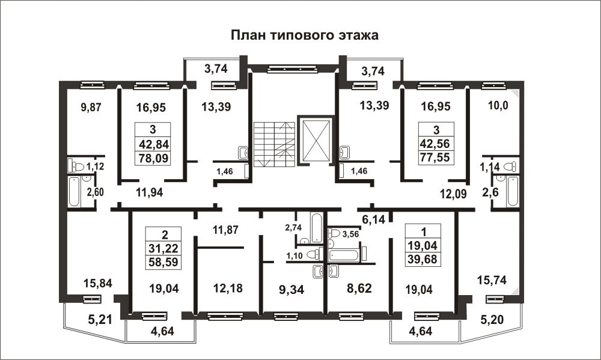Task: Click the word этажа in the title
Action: (358, 35)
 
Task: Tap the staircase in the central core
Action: (274, 144)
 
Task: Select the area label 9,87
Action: (91, 107)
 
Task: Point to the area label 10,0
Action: (498, 105)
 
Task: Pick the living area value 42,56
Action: (435, 144)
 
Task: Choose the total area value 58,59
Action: (163, 262)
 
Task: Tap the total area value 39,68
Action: (422, 259)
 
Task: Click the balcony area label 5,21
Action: (100, 319)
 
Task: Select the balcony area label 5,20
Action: (492, 319)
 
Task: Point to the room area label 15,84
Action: (98, 283)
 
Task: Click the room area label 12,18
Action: (228, 288)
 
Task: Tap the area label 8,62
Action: (359, 288)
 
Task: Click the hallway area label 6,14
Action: (373, 219)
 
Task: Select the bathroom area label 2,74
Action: (293, 227)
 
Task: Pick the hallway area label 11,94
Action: (150, 192)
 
